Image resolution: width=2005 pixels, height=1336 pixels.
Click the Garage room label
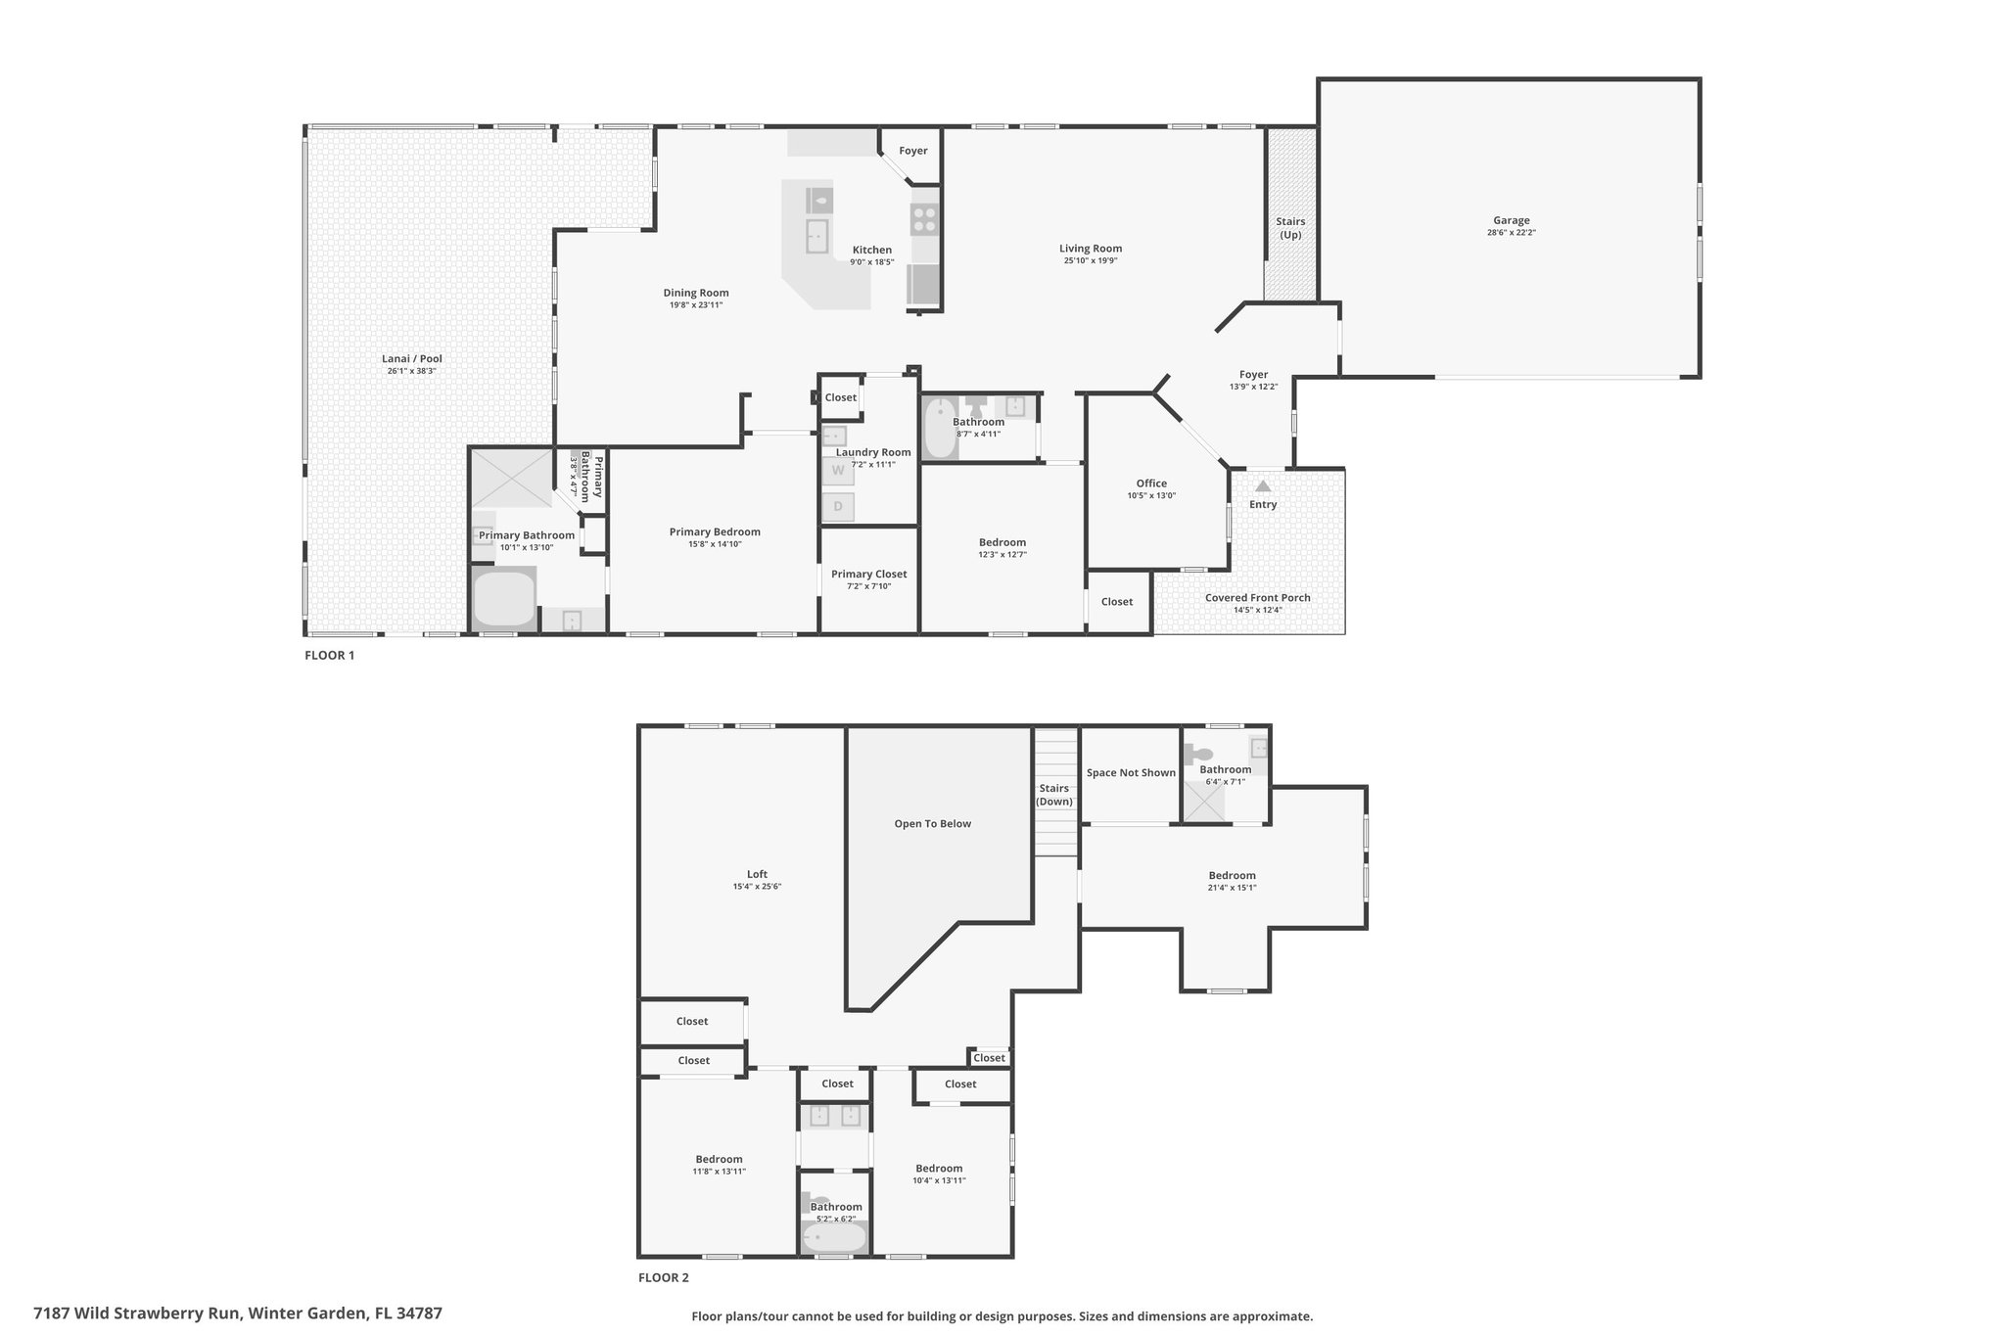point(1511,220)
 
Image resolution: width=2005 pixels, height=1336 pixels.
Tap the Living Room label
point(1091,249)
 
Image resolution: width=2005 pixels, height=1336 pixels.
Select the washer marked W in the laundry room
point(838,471)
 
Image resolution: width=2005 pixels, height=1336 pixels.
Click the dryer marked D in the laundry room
point(838,507)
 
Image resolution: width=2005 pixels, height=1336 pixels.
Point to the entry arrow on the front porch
point(1263,485)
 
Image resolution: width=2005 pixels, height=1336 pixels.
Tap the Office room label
point(1151,483)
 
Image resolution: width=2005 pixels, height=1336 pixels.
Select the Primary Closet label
point(869,574)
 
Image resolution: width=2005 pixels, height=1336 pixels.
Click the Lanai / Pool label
point(412,358)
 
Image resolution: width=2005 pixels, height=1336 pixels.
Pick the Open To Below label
point(933,823)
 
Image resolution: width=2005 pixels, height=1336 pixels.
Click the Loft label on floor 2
point(757,874)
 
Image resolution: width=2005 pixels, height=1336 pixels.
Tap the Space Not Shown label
point(1131,772)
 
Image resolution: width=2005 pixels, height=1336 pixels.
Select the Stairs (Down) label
point(1054,795)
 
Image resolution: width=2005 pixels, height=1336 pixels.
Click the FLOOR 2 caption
point(664,1277)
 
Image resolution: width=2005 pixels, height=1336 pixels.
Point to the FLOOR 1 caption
point(329,655)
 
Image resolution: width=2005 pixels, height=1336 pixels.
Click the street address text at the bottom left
point(238,1313)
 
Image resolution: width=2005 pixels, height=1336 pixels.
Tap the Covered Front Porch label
point(1258,597)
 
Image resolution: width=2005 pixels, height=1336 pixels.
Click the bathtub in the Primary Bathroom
point(504,598)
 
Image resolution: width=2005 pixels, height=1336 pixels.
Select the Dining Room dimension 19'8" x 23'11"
point(696,305)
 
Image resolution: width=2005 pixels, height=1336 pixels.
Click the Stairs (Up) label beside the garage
point(1290,228)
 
